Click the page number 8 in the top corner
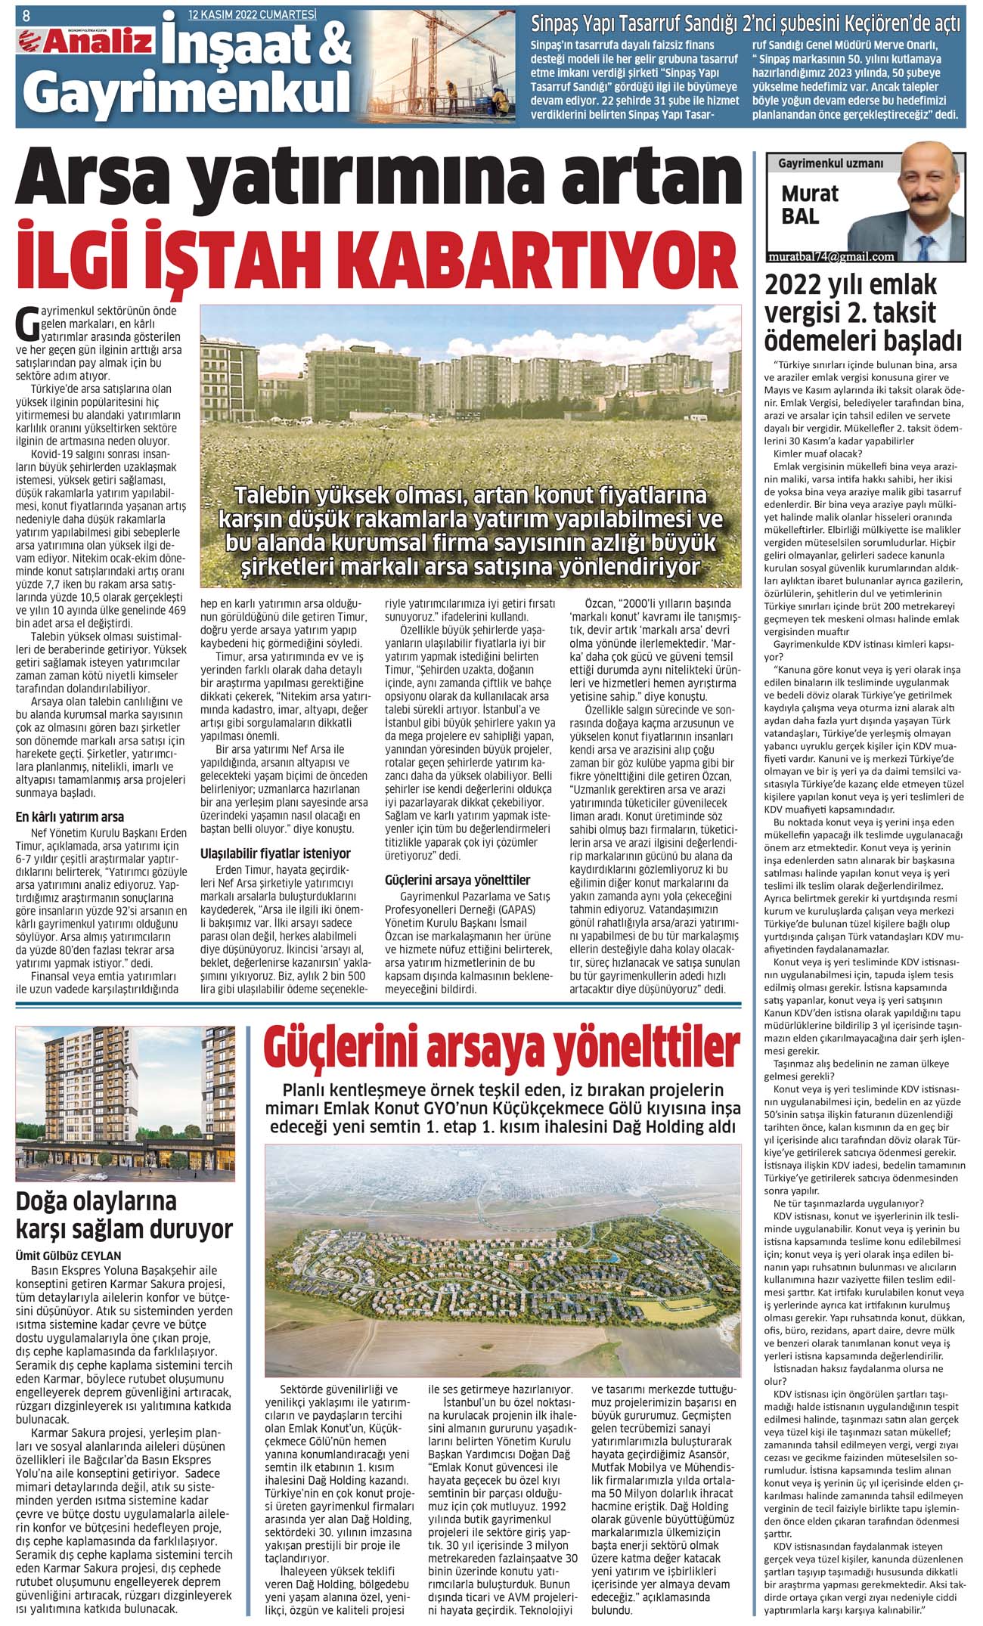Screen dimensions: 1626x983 click(26, 14)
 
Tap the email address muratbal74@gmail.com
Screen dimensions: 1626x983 click(830, 256)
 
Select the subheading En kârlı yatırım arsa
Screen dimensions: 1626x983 click(70, 816)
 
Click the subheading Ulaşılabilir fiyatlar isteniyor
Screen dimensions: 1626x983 click(275, 853)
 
